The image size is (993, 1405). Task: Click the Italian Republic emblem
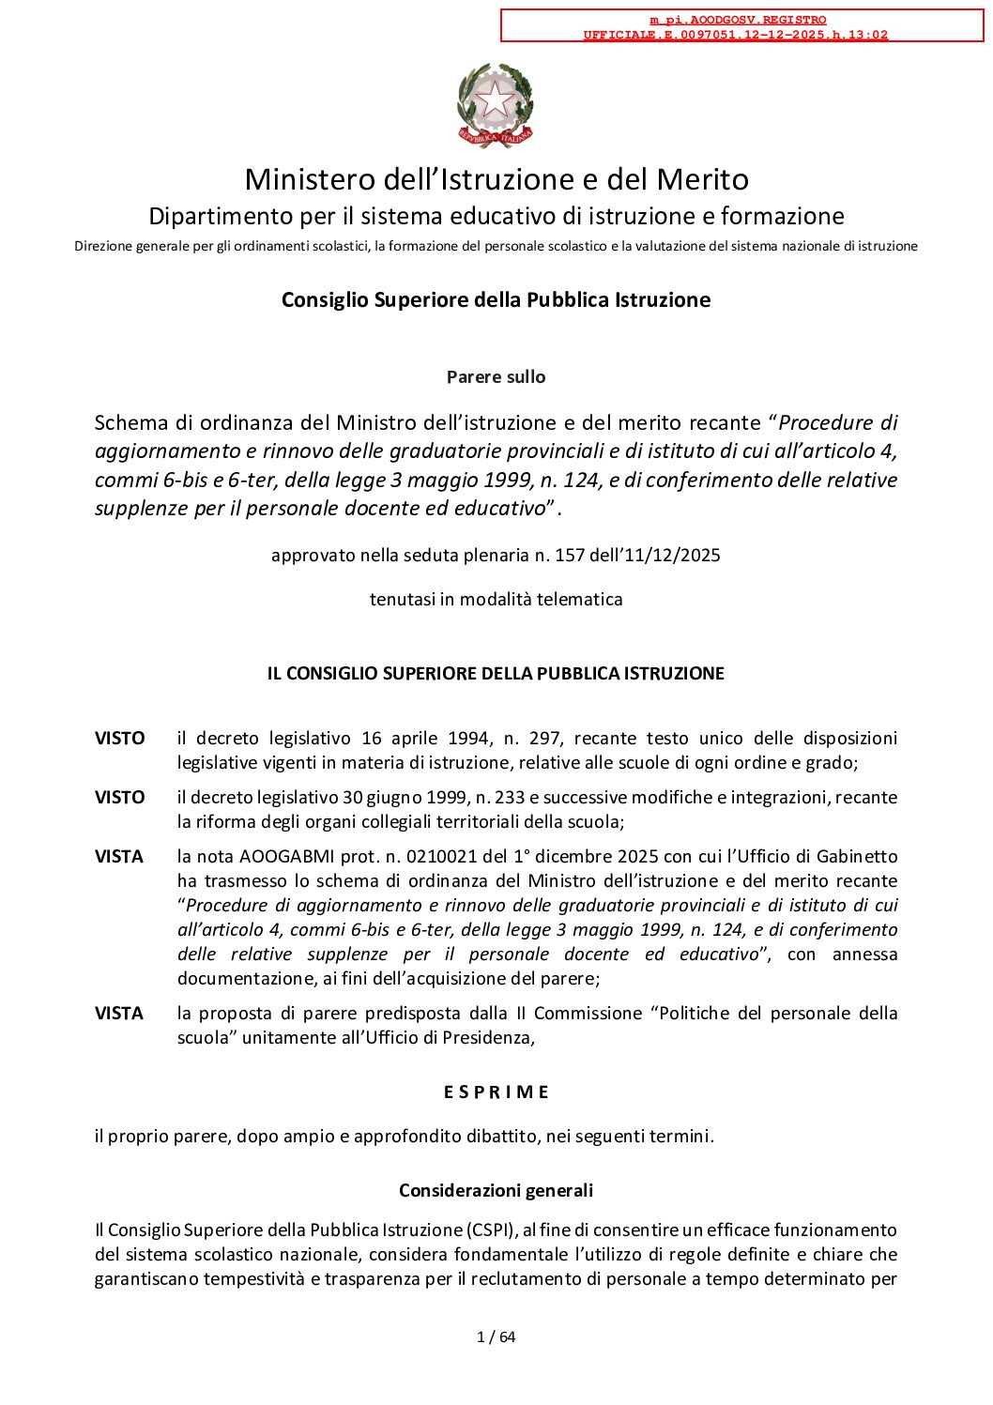coord(496,105)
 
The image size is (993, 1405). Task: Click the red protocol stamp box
coord(741,26)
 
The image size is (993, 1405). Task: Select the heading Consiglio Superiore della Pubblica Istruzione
coord(496,300)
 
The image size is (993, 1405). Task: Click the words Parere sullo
coord(496,377)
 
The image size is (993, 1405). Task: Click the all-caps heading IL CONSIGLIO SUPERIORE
coord(496,674)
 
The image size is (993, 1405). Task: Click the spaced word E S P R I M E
coord(496,1092)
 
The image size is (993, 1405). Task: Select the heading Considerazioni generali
coord(496,1191)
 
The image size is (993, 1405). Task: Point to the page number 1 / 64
coord(496,1337)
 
